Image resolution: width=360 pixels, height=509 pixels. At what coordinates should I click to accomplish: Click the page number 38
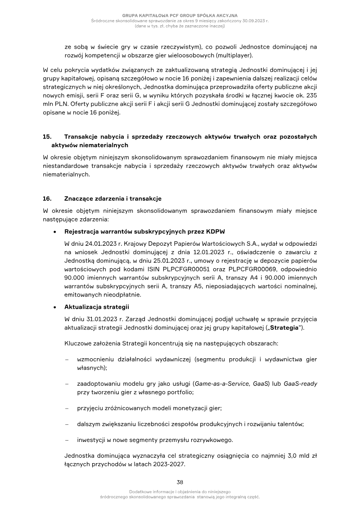click(180, 482)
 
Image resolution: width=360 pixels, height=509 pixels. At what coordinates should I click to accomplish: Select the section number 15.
click(47, 136)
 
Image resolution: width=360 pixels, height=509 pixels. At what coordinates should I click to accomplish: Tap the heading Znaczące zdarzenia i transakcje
click(113, 198)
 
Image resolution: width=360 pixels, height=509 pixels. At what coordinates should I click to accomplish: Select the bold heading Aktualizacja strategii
click(97, 307)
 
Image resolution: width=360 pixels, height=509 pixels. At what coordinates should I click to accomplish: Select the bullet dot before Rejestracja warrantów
click(54, 232)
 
